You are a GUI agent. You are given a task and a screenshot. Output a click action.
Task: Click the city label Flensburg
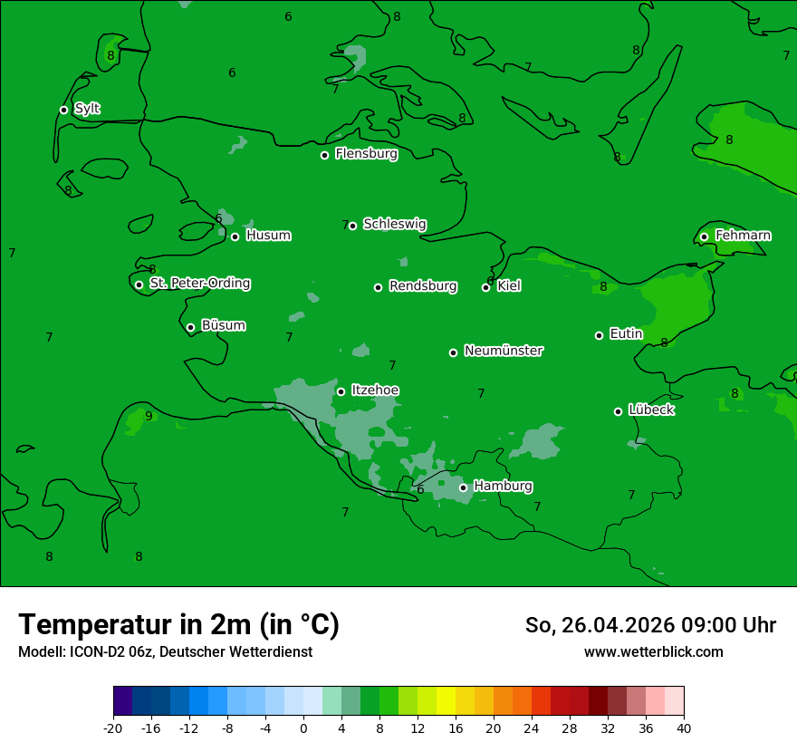coord(366,154)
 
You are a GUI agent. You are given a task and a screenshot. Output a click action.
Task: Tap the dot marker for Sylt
coord(63,110)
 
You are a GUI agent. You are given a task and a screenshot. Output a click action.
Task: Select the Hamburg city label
coord(503,487)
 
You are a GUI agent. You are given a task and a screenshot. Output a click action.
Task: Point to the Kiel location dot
coord(485,287)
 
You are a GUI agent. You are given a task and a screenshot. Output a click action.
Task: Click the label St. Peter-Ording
coord(199,284)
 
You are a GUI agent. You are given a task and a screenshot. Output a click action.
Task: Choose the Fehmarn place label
coord(743,236)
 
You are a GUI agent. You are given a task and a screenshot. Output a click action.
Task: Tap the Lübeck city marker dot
coord(618,411)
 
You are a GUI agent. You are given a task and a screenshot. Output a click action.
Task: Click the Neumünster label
coord(504,351)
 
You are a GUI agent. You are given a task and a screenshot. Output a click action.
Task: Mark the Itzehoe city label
coord(375,390)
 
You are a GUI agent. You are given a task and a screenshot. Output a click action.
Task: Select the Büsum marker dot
coord(190,327)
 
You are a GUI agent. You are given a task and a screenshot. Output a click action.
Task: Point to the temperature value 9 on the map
coord(149,417)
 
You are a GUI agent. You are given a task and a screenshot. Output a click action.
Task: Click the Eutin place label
coord(626,334)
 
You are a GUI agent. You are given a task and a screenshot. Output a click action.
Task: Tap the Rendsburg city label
coord(423,286)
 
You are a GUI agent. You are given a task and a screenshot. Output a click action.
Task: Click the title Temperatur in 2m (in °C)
coord(178,625)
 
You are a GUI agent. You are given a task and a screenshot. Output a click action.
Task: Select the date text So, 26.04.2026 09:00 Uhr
coord(650,625)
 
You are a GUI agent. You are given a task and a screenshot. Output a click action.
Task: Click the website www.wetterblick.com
coord(653,652)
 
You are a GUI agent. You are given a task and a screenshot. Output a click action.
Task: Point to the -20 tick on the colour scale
coord(113,728)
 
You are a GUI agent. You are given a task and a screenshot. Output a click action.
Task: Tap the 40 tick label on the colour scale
coord(684,728)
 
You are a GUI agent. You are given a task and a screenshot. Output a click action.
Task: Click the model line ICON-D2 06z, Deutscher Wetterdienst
coord(165,652)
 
